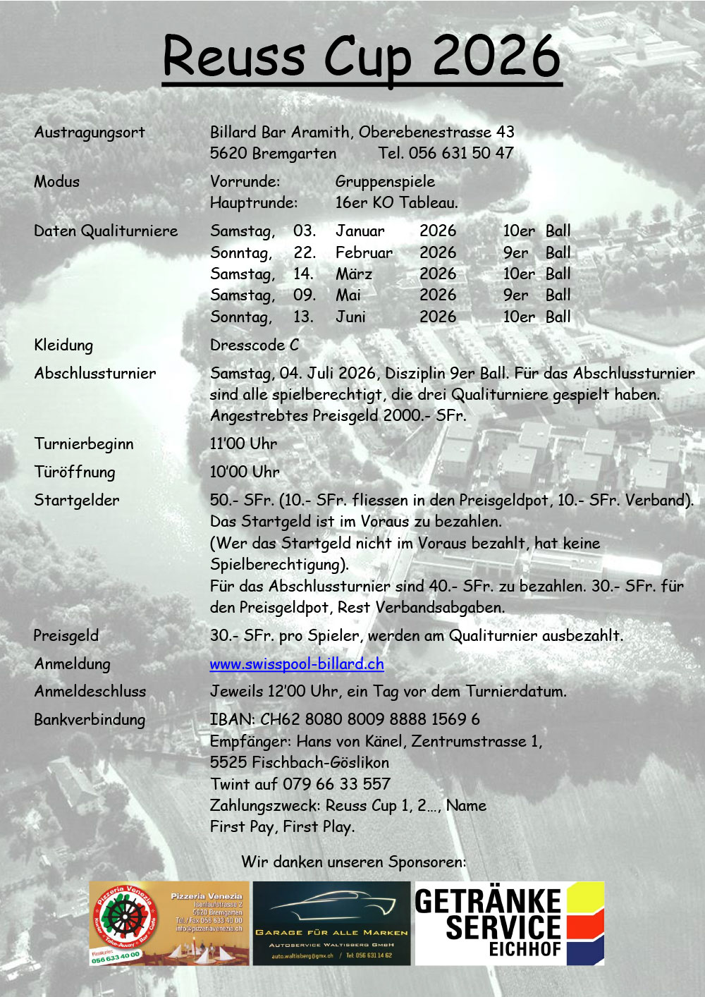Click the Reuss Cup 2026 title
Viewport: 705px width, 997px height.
coord(362,56)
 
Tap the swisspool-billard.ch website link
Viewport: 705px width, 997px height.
coord(297,663)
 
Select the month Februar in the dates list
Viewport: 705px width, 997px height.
coord(364,252)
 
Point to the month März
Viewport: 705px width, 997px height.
coord(354,274)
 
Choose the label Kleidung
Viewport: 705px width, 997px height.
coord(63,345)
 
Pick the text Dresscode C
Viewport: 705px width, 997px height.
coord(255,345)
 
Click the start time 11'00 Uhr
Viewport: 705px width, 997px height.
coord(243,444)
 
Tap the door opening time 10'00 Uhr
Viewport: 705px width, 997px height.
coord(245,472)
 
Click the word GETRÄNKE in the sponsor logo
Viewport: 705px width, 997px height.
coord(488,901)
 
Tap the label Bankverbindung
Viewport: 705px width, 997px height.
coord(90,720)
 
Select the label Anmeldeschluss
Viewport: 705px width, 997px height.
coord(90,691)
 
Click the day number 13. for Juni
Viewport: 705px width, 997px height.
coord(303,317)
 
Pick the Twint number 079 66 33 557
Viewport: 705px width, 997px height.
coord(336,783)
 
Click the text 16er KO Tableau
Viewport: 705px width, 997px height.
coord(396,202)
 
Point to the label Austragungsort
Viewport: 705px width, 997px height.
coord(90,133)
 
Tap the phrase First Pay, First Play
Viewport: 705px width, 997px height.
coord(282,826)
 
